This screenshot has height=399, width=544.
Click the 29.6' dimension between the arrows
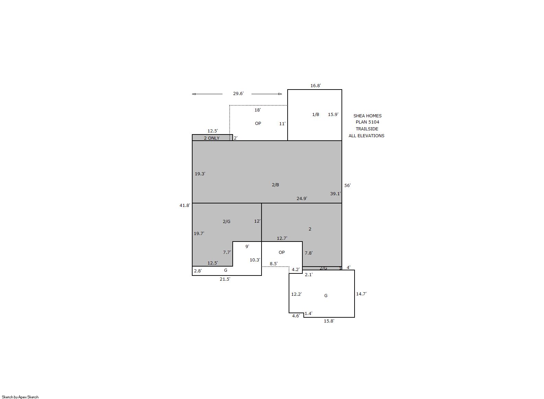[x=238, y=93]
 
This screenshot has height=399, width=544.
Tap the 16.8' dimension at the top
[x=315, y=85]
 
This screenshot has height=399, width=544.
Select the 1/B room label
[x=315, y=114]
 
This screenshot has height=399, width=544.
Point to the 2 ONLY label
[x=211, y=138]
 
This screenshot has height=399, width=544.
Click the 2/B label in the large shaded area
[x=275, y=185]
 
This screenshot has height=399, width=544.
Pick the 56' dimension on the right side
[x=348, y=185]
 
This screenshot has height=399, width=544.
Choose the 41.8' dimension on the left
[x=185, y=205]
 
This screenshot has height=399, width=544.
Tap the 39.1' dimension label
[x=335, y=194]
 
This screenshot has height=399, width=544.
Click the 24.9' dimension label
[x=302, y=199]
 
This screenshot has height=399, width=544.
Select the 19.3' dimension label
[x=200, y=174]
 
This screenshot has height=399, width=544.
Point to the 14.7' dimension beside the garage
[x=361, y=294]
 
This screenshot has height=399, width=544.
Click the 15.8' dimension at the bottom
[x=329, y=321]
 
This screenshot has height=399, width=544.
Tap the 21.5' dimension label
[x=225, y=279]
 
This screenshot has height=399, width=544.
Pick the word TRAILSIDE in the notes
[x=367, y=129]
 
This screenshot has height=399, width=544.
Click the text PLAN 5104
[x=368, y=122]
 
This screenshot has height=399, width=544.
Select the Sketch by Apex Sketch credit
[x=20, y=397]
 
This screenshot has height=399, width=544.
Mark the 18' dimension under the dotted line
[x=258, y=110]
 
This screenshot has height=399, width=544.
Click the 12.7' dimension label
[x=282, y=238]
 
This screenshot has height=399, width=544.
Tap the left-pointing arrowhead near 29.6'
[x=194, y=94]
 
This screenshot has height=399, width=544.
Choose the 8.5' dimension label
[x=274, y=263]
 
